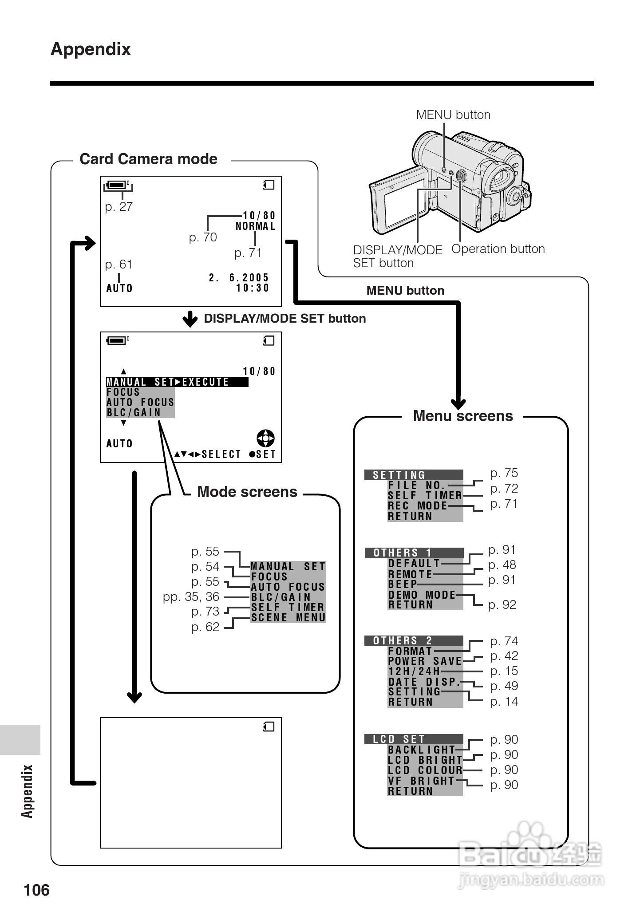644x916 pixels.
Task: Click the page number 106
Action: pos(37,890)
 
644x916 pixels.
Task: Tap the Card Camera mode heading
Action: pos(148,159)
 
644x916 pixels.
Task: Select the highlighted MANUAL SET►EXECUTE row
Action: pos(177,382)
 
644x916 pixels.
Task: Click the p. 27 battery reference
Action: pos(119,206)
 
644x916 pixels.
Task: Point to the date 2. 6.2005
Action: pos(239,277)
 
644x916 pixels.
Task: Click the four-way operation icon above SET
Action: pos(265,438)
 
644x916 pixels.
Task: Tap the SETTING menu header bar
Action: pos(414,475)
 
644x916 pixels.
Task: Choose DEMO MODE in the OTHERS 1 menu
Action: pos(422,595)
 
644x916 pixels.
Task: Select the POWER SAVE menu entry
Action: pos(425,661)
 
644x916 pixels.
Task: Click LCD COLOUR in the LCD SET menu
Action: pos(425,770)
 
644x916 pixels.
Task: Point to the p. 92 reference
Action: pos(502,604)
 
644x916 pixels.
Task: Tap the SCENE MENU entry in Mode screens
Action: pos(288,617)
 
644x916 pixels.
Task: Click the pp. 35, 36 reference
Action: pos(191,596)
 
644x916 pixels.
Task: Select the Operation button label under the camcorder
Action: pos(498,249)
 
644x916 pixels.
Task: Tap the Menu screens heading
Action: pos(463,416)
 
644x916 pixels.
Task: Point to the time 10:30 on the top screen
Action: pos(253,288)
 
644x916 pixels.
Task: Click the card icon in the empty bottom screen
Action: pos(269,726)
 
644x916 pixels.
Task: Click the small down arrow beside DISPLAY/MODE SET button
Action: pos(190,319)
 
